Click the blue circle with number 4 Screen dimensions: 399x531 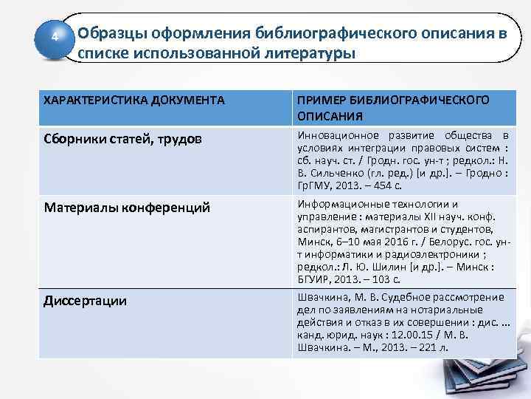click(x=53, y=37)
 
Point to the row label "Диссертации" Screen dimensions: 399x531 click(x=86, y=301)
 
